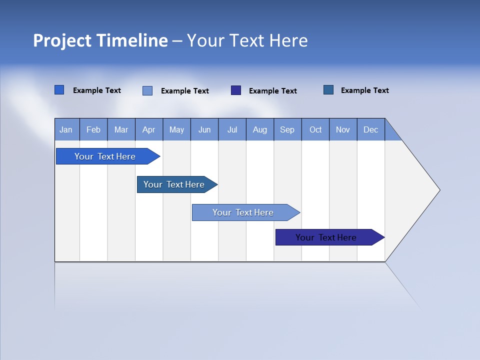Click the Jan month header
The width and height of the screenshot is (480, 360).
click(x=66, y=129)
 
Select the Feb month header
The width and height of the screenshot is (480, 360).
click(x=93, y=129)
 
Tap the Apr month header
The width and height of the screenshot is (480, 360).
click(x=149, y=129)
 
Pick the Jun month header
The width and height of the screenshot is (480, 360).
click(x=204, y=129)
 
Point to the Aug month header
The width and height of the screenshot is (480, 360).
click(x=260, y=129)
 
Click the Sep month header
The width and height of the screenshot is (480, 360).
click(x=287, y=129)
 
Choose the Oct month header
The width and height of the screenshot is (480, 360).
click(x=315, y=129)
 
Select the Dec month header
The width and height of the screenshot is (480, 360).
click(x=371, y=129)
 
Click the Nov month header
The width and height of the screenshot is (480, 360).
click(x=343, y=129)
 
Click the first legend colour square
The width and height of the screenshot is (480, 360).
click(x=59, y=90)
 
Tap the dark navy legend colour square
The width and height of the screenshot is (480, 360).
click(x=236, y=90)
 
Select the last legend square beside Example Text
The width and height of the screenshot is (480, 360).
click(x=328, y=90)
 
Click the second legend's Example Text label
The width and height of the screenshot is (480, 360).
click(x=185, y=91)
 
